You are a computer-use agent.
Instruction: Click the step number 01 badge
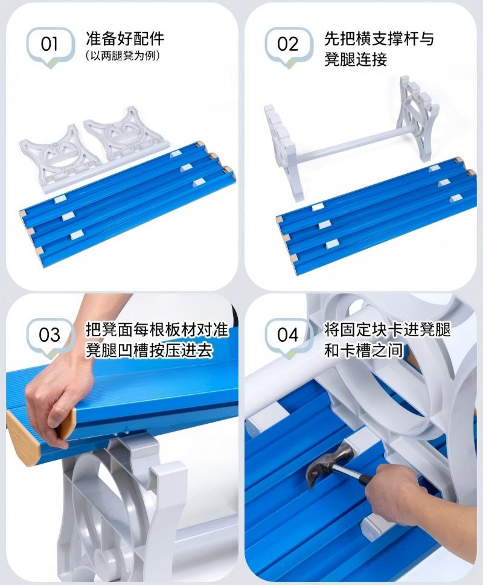pyautogui.click(x=50, y=44)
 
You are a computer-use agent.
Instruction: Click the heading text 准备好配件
pyautogui.click(x=125, y=40)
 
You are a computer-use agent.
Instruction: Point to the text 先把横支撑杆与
pyautogui.click(x=379, y=40)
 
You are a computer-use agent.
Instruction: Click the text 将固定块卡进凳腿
pyautogui.click(x=387, y=330)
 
